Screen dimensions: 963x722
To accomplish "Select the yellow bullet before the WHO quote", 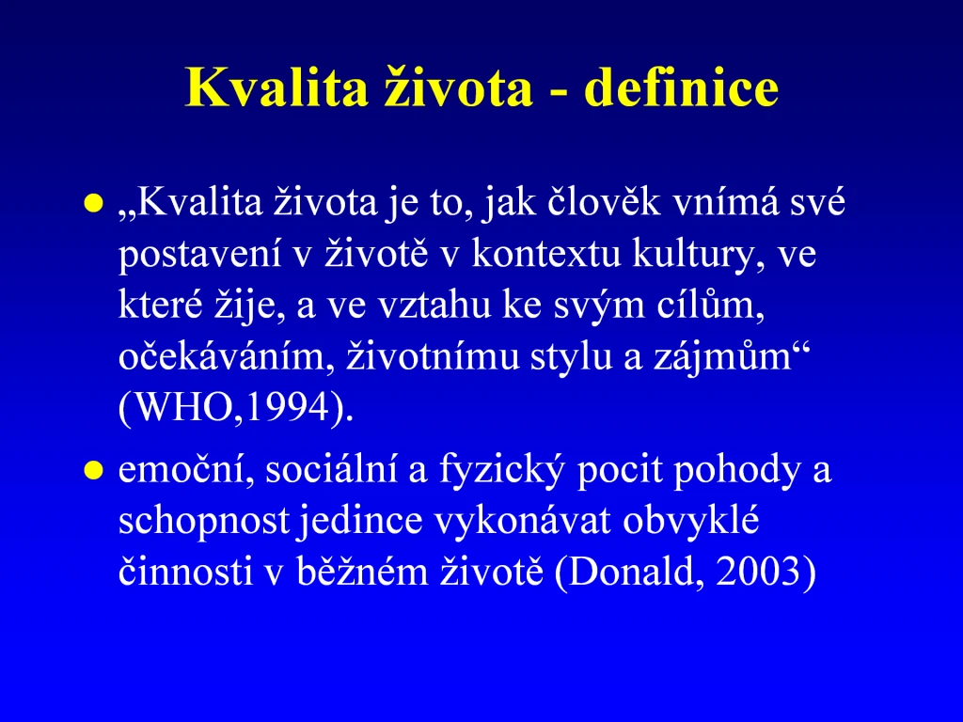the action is point(93,203).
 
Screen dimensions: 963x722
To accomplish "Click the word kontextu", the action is point(546,253).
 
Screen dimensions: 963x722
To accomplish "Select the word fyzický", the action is point(501,471).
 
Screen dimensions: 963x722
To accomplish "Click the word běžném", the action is point(362,572).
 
